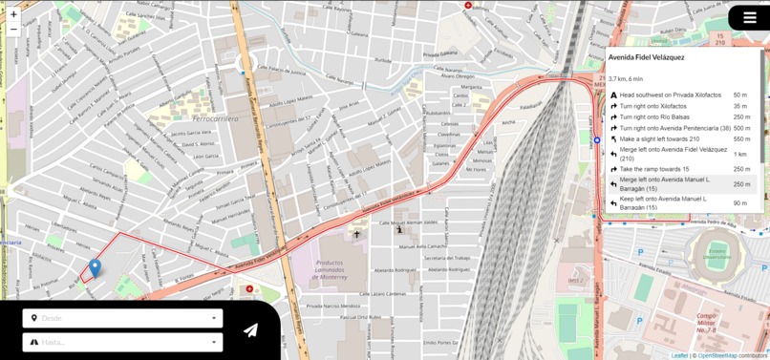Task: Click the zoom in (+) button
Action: click(x=13, y=14)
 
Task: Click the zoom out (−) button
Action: click(x=13, y=30)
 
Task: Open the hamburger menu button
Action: click(x=749, y=18)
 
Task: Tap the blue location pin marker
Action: click(x=95, y=267)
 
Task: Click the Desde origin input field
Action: click(x=122, y=318)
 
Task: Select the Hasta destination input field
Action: click(x=122, y=342)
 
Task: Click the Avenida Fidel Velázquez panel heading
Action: click(x=646, y=57)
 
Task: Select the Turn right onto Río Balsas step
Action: click(x=654, y=117)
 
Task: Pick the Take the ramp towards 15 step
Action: click(x=654, y=169)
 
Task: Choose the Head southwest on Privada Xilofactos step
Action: click(x=670, y=95)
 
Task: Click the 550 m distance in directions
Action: click(x=741, y=139)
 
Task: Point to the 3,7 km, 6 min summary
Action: click(x=626, y=79)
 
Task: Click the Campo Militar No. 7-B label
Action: click(x=708, y=322)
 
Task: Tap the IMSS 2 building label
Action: click(x=575, y=281)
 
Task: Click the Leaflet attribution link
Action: click(x=679, y=355)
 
